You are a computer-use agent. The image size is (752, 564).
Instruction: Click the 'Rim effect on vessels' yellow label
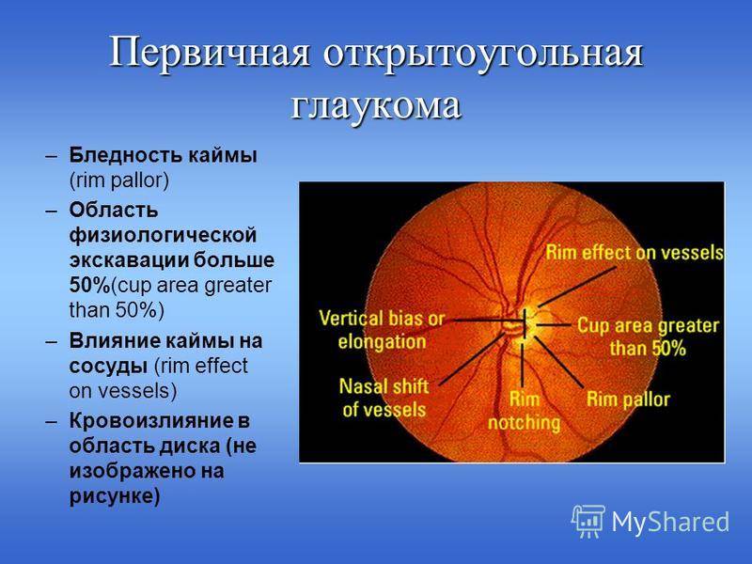(634, 252)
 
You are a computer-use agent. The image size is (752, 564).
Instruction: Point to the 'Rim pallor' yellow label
(628, 399)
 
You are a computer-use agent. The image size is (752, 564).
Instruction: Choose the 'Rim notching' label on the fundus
(524, 411)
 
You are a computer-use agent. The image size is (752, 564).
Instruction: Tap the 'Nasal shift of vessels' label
(384, 398)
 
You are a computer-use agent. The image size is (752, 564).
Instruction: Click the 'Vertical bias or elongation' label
(382, 330)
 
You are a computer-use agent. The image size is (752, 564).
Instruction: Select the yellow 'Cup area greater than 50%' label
(648, 337)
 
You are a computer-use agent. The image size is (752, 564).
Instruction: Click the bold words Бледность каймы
(163, 155)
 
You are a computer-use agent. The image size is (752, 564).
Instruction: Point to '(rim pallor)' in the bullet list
(119, 180)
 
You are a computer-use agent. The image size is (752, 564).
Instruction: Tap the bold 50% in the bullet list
(89, 286)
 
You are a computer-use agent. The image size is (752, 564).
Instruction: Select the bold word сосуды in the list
(108, 367)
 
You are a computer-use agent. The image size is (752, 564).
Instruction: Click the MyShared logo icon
(588, 522)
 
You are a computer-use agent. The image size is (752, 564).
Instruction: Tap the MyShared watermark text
(670, 522)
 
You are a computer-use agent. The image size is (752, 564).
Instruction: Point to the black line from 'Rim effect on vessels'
(576, 287)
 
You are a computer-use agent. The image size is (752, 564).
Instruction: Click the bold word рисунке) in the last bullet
(115, 496)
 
